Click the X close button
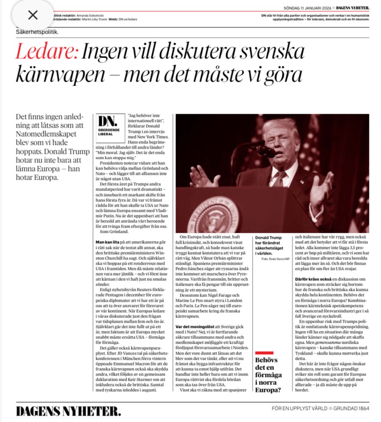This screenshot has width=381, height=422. point(33,15)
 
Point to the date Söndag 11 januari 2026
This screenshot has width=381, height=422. point(308,8)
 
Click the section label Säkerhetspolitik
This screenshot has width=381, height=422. point(37,32)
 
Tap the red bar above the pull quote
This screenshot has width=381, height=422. point(264,353)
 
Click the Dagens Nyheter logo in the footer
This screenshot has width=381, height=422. point(68,411)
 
